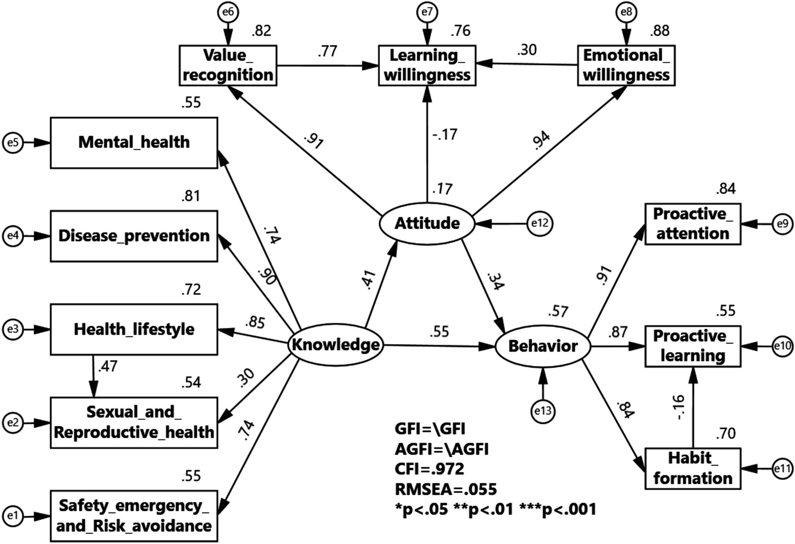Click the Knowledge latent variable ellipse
click(x=336, y=345)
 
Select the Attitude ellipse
click(x=427, y=223)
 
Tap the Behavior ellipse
click(x=543, y=346)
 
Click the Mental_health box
click(x=134, y=143)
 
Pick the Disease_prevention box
click(x=134, y=236)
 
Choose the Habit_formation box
click(x=693, y=468)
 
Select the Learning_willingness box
click(x=427, y=65)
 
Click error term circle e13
click(x=543, y=411)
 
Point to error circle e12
click(x=540, y=223)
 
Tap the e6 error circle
click(x=228, y=12)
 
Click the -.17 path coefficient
click(x=444, y=134)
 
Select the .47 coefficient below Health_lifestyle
click(x=108, y=366)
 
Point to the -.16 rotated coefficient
click(x=678, y=407)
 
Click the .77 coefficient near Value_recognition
click(x=327, y=52)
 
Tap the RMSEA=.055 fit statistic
click(x=446, y=489)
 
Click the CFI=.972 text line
click(x=429, y=469)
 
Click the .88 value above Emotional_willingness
click(x=659, y=30)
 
